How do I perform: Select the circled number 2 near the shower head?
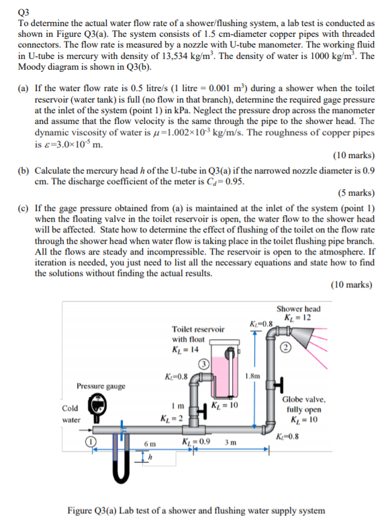pos(285,348)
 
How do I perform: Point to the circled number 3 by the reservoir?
pos(204,365)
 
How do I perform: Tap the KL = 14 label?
pos(185,350)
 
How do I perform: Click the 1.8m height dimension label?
pos(252,376)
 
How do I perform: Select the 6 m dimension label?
pos(150,444)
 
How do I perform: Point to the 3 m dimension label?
pos(230,442)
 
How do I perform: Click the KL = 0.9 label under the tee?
pos(196,442)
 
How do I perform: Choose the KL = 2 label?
pos(172,418)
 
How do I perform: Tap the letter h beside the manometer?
pos(150,456)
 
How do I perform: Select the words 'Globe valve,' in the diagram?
pos(303,399)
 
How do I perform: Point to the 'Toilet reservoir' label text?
pos(198,329)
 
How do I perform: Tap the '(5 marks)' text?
pos(356,193)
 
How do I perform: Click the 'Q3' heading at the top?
pos(23,13)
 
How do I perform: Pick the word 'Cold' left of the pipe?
pos(70,408)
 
